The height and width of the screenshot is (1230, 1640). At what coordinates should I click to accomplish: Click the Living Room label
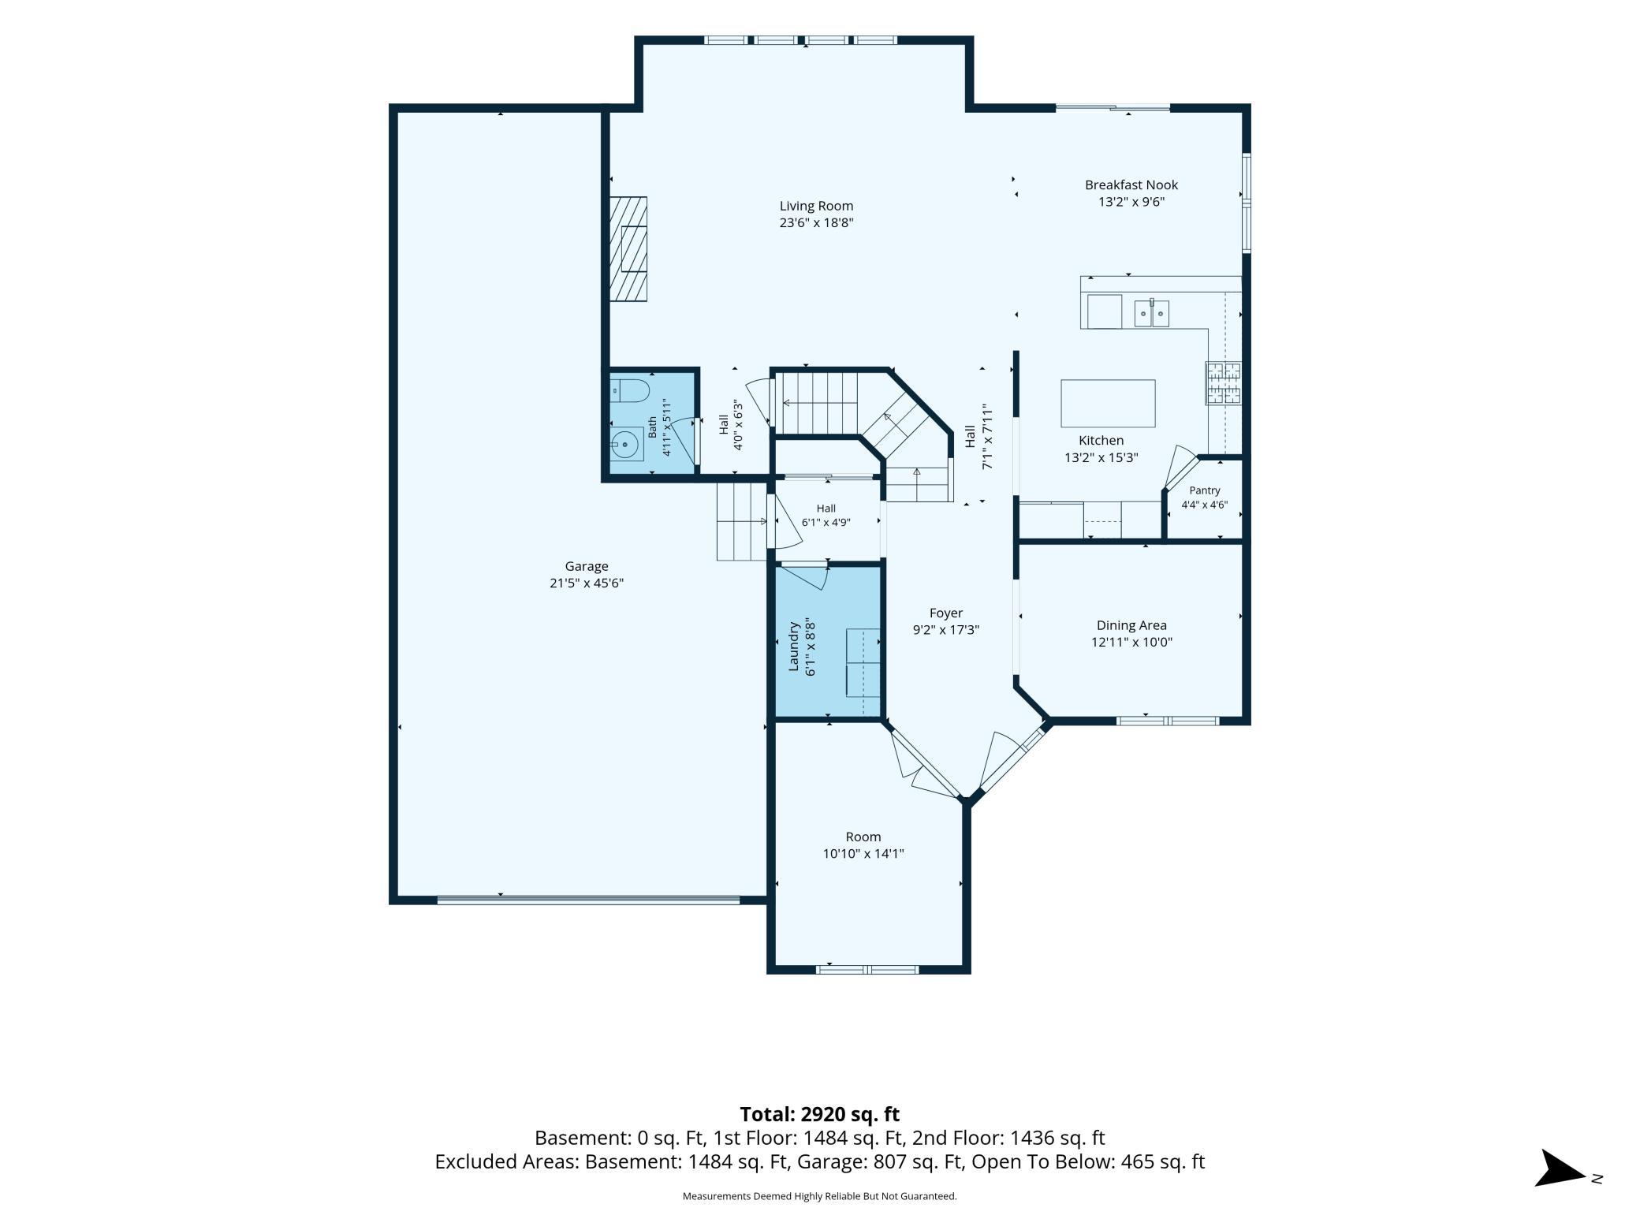pyautogui.click(x=816, y=207)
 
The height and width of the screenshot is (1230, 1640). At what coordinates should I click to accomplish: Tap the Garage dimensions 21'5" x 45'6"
pyautogui.click(x=587, y=583)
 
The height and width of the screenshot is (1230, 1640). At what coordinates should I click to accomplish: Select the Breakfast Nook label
pyautogui.click(x=1131, y=185)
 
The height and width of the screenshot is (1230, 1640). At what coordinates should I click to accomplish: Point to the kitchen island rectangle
pyautogui.click(x=1108, y=403)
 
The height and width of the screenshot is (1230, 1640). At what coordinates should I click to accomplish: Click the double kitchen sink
pyautogui.click(x=1152, y=314)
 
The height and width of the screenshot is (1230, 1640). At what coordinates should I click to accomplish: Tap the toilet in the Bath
pyautogui.click(x=630, y=389)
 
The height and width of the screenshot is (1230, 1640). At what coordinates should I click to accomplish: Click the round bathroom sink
pyautogui.click(x=626, y=445)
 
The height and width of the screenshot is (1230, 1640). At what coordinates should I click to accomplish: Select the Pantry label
pyautogui.click(x=1205, y=490)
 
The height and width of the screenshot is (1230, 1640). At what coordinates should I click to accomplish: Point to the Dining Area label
pyautogui.click(x=1131, y=625)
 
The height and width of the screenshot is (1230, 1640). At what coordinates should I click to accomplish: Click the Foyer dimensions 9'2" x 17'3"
pyautogui.click(x=946, y=630)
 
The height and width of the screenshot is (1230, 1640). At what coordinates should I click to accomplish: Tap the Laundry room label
pyautogui.click(x=795, y=647)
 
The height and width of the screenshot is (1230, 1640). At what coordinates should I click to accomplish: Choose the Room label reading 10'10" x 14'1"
pyautogui.click(x=863, y=845)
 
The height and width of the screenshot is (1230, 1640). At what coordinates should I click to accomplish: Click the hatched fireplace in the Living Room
pyautogui.click(x=628, y=249)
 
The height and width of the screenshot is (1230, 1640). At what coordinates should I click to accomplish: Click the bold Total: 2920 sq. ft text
pyautogui.click(x=819, y=1114)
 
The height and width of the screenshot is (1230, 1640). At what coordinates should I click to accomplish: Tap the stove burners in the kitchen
pyautogui.click(x=1223, y=383)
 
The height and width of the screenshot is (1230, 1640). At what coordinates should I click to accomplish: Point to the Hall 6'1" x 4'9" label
pyautogui.click(x=826, y=515)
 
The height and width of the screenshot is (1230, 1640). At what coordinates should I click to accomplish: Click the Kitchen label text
pyautogui.click(x=1101, y=441)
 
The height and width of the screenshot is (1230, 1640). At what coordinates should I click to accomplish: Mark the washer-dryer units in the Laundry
pyautogui.click(x=863, y=663)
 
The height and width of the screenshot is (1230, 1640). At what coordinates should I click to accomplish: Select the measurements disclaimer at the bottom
pyautogui.click(x=819, y=1196)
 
